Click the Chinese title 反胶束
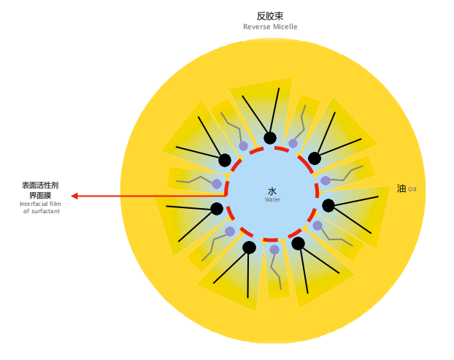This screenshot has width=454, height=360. click(270, 15)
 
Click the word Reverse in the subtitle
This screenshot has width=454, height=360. click(257, 26)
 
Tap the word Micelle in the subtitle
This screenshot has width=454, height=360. click(285, 26)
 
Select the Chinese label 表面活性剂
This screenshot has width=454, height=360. click(40, 185)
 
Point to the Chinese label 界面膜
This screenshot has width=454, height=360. click(40, 195)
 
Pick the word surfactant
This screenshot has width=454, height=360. click(45, 210)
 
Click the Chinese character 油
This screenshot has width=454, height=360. click(401, 188)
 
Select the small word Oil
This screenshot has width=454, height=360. click(412, 189)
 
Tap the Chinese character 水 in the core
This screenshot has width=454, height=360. click(272, 191)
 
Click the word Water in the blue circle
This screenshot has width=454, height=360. click(272, 199)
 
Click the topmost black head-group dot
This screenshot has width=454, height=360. click(270, 138)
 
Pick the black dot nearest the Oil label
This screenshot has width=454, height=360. click(328, 205)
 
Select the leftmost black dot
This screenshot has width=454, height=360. click(216, 209)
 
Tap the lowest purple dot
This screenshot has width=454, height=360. click(274, 250)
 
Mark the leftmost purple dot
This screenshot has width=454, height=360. click(217, 183)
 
